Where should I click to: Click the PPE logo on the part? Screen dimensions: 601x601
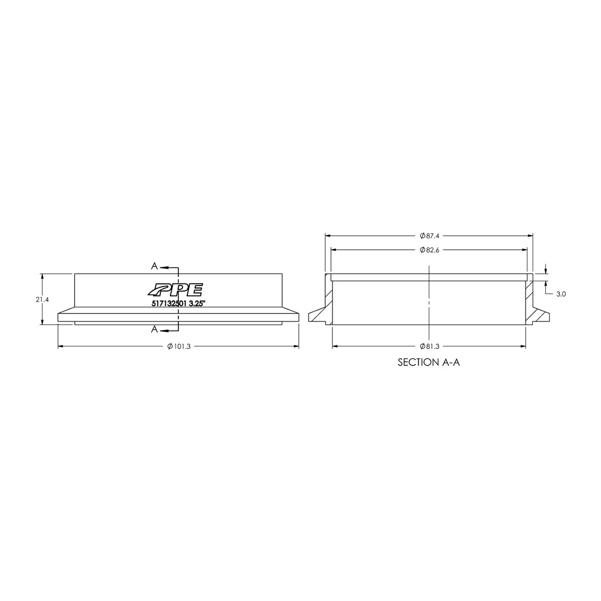tap(175, 290)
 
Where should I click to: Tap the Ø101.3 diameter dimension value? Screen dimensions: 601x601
tap(179, 346)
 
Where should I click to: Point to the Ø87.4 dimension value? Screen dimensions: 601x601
tap(430, 235)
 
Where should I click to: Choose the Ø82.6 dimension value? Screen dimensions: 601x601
tap(430, 250)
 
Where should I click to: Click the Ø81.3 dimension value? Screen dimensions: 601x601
tap(430, 346)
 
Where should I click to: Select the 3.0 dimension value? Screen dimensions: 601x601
tap(560, 294)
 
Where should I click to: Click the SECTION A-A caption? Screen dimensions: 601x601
tap(428, 362)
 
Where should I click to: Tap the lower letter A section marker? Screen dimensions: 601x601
tap(155, 329)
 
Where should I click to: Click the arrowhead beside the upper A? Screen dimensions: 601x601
tap(165, 267)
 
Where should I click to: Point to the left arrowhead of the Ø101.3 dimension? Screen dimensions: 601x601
tap(61, 346)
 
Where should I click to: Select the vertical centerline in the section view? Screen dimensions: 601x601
tap(429, 300)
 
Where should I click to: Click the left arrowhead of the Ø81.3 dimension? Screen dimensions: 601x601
tap(336, 346)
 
